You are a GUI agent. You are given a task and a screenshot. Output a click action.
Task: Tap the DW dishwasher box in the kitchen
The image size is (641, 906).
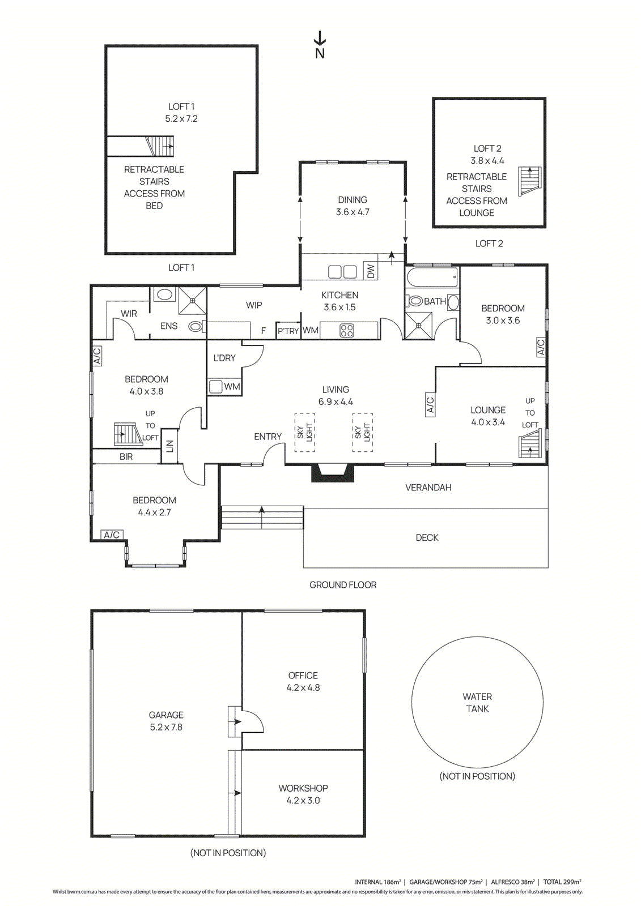point(371,271)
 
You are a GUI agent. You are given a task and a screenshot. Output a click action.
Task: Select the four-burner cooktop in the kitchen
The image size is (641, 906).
point(347,330)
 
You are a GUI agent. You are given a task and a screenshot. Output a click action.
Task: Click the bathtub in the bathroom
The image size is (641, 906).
point(432,277)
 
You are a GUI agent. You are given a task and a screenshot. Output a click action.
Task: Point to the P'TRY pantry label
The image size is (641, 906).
point(288,331)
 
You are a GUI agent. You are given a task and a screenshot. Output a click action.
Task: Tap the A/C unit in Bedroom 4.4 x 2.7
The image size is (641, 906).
point(112,535)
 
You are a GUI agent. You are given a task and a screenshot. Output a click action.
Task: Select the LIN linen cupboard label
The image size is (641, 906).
point(169,446)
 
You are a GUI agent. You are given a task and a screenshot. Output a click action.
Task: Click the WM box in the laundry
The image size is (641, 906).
point(232,387)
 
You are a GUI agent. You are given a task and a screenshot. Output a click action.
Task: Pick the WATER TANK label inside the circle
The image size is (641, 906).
point(477,703)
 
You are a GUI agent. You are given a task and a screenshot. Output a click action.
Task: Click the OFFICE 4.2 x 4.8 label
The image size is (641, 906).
point(303,681)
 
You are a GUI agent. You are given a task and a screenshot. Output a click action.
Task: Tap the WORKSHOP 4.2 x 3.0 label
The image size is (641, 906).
point(303,794)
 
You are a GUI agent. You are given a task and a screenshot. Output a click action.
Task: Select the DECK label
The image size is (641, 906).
point(427,537)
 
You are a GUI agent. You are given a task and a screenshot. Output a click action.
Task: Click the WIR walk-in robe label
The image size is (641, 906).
point(129,313)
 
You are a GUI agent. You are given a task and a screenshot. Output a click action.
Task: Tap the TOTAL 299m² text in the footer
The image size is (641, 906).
point(562,882)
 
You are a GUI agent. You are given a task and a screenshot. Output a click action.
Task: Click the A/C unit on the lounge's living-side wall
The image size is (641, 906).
point(430,404)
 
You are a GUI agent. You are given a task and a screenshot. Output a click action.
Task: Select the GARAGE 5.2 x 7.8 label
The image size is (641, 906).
point(166,721)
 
